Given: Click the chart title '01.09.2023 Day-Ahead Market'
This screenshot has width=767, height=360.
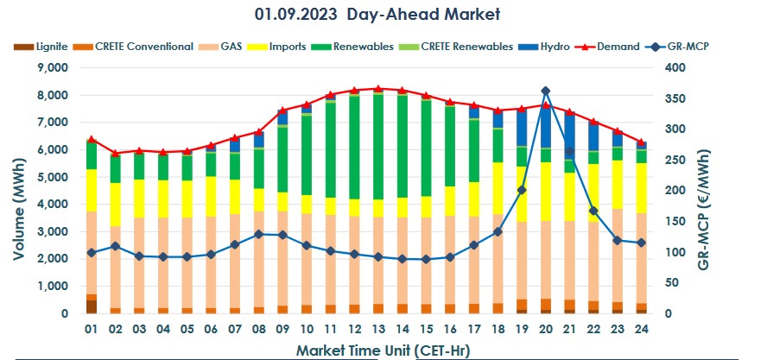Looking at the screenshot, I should point(377,14).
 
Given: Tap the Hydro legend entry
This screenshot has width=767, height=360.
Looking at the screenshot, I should point(549,46).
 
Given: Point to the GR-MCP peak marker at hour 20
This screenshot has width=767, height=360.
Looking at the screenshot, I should point(545,91).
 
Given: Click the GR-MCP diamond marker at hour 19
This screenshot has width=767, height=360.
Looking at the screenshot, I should point(522,190).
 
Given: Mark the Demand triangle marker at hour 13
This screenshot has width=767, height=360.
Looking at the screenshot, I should point(378,88).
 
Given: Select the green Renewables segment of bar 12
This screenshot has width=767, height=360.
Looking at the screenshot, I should point(354,147).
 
